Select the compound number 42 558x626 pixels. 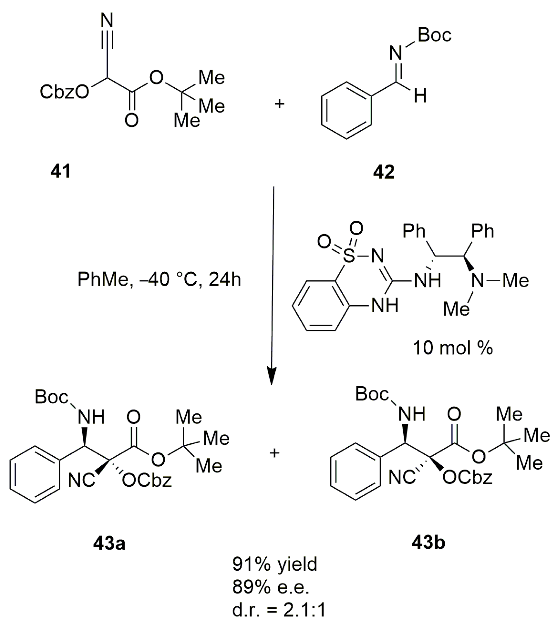pyautogui.click(x=384, y=172)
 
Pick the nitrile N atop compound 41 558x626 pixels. pyautogui.click(x=107, y=21)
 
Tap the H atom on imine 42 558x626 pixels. pyautogui.click(x=420, y=96)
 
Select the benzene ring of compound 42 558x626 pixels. pyautogui.click(x=346, y=111)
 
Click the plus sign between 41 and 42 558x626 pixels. pyautogui.click(x=279, y=105)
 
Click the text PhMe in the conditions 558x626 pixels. pyautogui.click(x=102, y=280)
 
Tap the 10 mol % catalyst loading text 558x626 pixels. pyautogui.click(x=453, y=348)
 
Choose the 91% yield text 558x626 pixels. pyautogui.click(x=274, y=564)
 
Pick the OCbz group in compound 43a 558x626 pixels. pyautogui.click(x=146, y=480)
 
